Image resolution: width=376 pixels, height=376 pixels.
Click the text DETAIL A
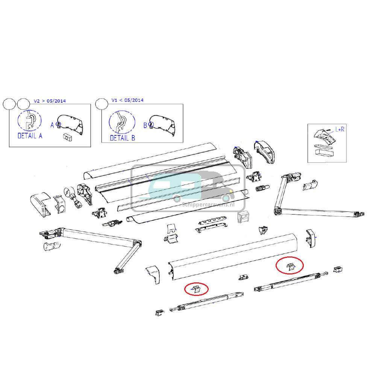coord(30,136)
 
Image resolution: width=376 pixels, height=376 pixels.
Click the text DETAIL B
coord(122,138)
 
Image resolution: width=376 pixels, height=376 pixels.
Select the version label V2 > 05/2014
coord(50,101)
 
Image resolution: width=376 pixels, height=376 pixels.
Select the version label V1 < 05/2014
coord(127,100)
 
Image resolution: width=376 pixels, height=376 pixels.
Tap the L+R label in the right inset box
coord(340,129)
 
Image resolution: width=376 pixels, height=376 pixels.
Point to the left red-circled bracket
coord(196,289)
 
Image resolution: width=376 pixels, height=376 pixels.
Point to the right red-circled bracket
coord(290,266)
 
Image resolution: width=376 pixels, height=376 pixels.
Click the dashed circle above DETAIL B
coord(122,122)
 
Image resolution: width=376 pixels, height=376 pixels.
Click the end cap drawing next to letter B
coord(164,125)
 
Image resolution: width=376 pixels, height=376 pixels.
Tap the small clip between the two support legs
coord(243,277)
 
